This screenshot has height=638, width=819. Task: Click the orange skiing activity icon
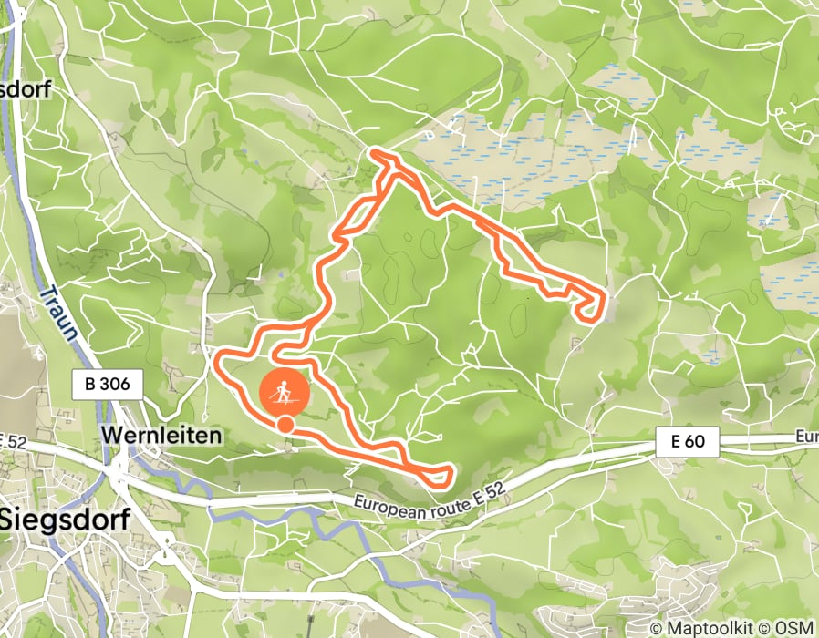(x=285, y=393)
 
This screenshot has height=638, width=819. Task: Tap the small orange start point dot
(x=285, y=424)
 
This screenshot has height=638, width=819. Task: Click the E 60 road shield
(x=688, y=443)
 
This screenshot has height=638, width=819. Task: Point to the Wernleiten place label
(x=161, y=436)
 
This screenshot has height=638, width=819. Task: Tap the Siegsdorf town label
(x=66, y=520)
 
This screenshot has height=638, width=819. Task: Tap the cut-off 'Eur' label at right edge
(x=807, y=437)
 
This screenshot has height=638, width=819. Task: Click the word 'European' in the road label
(x=388, y=502)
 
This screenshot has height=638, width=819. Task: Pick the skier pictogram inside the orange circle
(x=285, y=392)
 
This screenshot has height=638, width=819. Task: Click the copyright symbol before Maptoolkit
(x=656, y=628)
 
